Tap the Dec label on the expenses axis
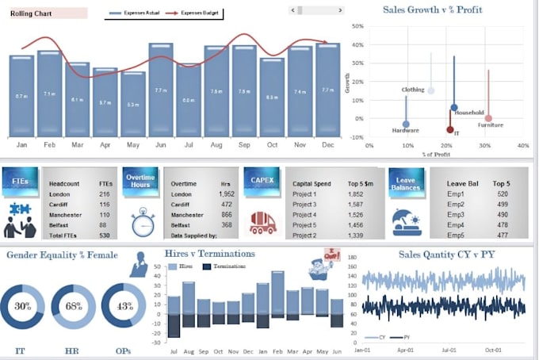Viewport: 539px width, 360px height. pos(327,145)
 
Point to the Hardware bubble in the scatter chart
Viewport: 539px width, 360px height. pos(406,124)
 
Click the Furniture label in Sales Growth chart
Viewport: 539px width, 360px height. pos(490,124)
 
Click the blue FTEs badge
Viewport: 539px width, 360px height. pos(19,181)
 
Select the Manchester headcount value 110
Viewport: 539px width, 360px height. pos(105,215)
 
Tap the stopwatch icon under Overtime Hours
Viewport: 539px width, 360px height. pos(142,221)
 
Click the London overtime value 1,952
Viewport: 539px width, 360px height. pos(226,194)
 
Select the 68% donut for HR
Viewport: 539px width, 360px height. pos(73,306)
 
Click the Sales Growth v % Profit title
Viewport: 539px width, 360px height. pos(433,10)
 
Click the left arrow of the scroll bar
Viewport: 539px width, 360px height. pos(292,10)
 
